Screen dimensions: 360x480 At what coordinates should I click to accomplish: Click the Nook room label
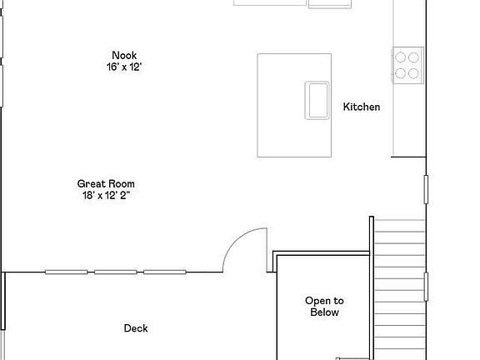point(124,56)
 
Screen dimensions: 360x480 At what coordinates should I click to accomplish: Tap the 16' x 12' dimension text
point(124,67)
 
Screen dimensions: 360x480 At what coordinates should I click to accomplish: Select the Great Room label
point(106,183)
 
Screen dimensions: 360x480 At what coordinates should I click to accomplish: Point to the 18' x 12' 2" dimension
point(106,195)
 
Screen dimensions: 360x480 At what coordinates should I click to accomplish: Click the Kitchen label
point(362,107)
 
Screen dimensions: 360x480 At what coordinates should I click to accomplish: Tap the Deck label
point(136,328)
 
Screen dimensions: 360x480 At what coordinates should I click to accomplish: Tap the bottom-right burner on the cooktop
point(412,72)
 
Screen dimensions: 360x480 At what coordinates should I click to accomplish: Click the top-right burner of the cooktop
point(412,57)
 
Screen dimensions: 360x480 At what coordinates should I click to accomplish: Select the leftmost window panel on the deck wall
point(66,272)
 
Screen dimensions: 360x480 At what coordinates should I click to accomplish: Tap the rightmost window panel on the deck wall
point(165,272)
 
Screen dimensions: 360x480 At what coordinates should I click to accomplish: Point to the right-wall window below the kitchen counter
point(426,190)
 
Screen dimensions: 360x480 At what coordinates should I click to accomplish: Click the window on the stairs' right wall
point(426,286)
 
